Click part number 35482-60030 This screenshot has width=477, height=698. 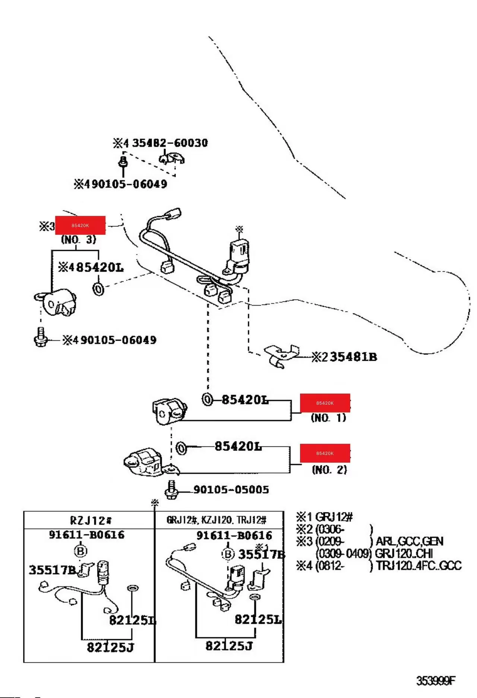(x=170, y=143)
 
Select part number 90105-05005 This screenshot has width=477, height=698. (x=231, y=489)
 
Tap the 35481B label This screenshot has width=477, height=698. (x=353, y=357)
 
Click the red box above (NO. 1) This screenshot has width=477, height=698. (x=325, y=403)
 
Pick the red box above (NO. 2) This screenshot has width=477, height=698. (x=325, y=453)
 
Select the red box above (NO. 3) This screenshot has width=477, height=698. (x=80, y=225)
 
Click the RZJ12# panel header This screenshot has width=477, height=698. (x=90, y=520)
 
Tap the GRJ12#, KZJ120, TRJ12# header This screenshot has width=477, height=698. (x=216, y=520)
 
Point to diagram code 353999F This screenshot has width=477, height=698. (x=436, y=681)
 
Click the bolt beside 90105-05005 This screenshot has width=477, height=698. (x=171, y=490)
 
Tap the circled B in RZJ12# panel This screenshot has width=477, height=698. (x=81, y=551)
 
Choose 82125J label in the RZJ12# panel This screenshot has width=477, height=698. (x=110, y=647)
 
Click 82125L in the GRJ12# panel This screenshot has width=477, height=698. (x=258, y=619)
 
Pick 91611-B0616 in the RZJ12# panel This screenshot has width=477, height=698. (x=86, y=535)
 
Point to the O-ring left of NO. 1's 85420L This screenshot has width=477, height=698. (x=207, y=399)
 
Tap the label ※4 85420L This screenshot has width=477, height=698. (x=91, y=267)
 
